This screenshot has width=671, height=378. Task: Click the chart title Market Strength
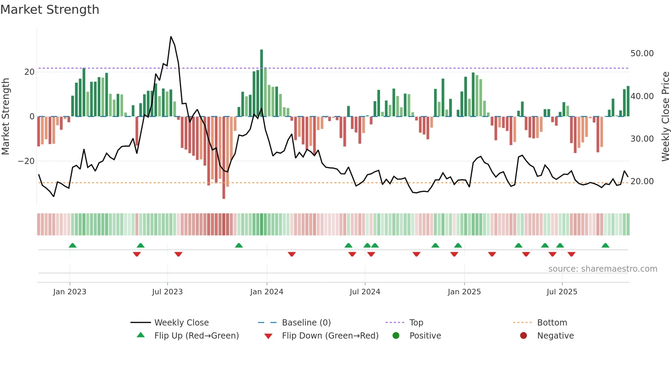(50, 10)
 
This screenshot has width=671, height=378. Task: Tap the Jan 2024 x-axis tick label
(267, 292)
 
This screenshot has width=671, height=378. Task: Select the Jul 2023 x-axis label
(167, 292)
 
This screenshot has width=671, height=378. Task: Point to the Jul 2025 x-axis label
(562, 292)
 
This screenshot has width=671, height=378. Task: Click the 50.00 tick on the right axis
(642, 54)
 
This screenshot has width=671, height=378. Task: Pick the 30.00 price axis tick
(642, 139)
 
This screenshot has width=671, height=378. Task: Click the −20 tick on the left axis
(26, 161)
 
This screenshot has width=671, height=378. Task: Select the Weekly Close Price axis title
(665, 117)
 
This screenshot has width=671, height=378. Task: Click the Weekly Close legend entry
(181, 323)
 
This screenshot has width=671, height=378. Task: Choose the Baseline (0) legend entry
(306, 323)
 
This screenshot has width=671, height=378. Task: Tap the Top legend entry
(416, 323)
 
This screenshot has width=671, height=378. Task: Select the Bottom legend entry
(552, 323)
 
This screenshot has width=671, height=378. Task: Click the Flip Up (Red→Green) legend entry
(196, 336)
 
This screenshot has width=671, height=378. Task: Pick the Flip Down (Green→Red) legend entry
(330, 336)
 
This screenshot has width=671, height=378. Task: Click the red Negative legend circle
(523, 336)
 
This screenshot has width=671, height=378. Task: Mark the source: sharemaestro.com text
(603, 269)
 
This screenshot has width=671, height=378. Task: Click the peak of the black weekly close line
(171, 37)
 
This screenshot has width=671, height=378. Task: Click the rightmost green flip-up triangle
(605, 246)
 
